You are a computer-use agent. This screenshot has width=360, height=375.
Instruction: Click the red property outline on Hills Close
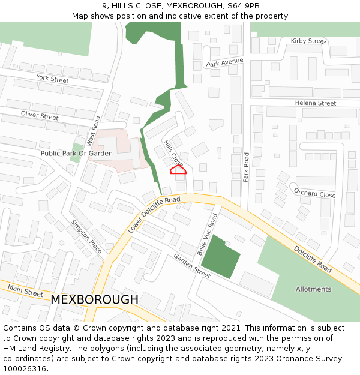click(178, 170)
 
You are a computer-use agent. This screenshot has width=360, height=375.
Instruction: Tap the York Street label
click(52, 79)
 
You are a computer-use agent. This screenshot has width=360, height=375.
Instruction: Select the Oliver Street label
click(40, 115)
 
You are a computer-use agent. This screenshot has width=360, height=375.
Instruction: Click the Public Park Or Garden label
click(76, 154)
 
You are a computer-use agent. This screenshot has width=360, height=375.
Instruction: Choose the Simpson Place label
click(86, 236)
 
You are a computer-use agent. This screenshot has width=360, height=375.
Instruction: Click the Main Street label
click(26, 291)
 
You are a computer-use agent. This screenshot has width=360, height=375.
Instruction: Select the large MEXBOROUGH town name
click(94, 299)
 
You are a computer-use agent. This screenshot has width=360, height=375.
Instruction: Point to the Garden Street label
click(192, 265)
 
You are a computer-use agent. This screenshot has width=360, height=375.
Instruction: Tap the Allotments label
click(313, 289)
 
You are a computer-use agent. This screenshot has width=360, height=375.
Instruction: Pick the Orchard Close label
click(314, 193)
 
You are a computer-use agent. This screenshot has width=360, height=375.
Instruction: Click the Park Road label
click(246, 167)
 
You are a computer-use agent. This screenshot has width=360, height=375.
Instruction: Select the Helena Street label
click(315, 103)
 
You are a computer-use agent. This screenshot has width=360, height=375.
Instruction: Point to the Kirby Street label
click(308, 41)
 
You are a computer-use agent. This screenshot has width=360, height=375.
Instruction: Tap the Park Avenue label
click(224, 62)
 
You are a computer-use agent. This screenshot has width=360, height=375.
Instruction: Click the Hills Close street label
click(173, 152)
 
